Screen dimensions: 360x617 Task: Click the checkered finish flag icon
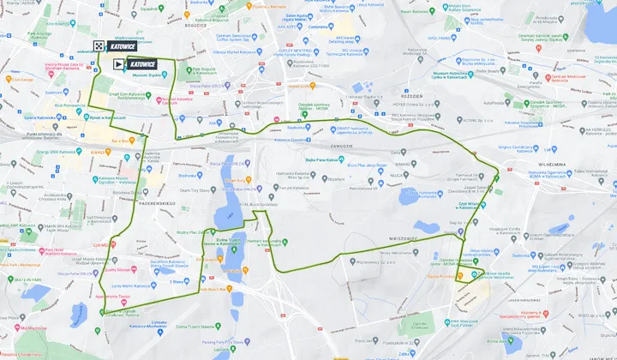99,47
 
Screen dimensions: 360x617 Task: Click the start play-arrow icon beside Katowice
118,64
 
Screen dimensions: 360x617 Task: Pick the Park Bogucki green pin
194,69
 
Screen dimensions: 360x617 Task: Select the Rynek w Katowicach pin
87,117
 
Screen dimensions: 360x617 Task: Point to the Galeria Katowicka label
37,117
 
